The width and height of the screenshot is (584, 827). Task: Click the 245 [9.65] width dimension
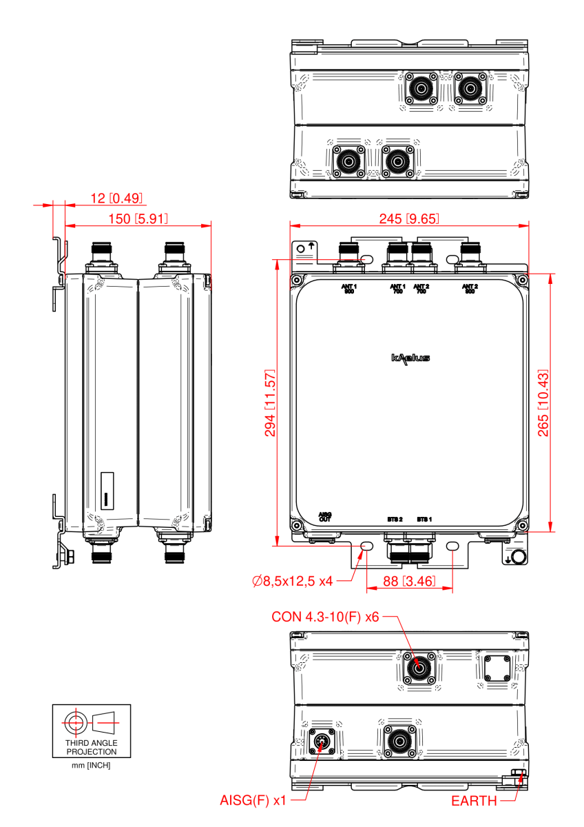(x=410, y=219)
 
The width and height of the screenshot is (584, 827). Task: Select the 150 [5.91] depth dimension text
(x=137, y=219)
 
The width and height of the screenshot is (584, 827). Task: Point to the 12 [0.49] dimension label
(x=117, y=198)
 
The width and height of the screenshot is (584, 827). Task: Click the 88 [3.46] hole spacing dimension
(x=409, y=582)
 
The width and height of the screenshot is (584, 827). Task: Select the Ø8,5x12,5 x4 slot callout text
(x=293, y=582)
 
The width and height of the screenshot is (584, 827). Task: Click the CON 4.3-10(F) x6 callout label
(x=326, y=617)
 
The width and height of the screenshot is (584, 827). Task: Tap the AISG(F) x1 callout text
(x=253, y=801)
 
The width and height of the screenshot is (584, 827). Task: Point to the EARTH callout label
(x=473, y=801)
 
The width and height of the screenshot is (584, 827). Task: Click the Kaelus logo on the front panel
(x=410, y=358)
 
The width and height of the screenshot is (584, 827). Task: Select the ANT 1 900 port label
(x=349, y=288)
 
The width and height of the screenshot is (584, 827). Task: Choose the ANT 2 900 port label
(x=470, y=288)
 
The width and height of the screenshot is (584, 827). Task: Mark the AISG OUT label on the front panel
(x=325, y=516)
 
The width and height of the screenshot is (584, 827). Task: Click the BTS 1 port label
(x=424, y=518)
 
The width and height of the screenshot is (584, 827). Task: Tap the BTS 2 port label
(x=395, y=518)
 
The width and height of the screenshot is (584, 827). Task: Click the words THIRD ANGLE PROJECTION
(x=92, y=748)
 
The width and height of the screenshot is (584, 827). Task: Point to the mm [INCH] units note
(x=92, y=766)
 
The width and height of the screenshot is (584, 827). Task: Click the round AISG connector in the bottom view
(x=322, y=742)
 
